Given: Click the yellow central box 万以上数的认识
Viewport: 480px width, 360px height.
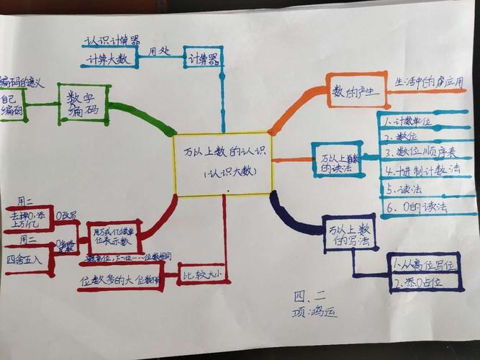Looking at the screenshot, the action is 223,164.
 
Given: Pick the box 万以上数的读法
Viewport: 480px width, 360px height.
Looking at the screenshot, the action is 336,159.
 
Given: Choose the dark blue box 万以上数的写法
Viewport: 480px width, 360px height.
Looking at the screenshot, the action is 349,234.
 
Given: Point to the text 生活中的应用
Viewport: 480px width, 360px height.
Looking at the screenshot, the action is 429,82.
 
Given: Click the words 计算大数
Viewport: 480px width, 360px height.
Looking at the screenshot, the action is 108,60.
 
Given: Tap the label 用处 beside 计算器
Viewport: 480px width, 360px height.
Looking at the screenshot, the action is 160,52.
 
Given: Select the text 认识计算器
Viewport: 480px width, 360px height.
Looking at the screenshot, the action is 112,40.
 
